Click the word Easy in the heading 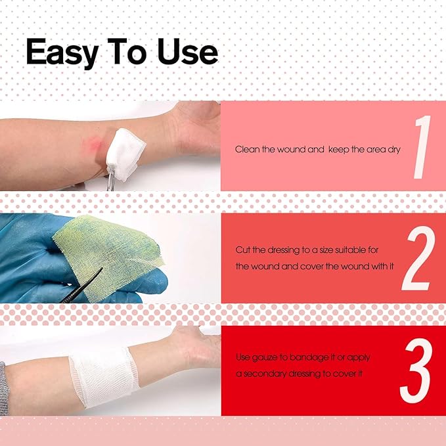[x=62, y=53]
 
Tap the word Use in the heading [x=188, y=51]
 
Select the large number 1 [x=422, y=147]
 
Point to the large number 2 [x=418, y=258]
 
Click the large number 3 [x=416, y=370]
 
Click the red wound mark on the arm [x=95, y=143]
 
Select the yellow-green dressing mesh [x=108, y=256]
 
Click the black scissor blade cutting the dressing [x=83, y=285]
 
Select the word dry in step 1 [x=394, y=150]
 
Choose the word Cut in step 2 [x=242, y=250]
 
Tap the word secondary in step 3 [x=265, y=374]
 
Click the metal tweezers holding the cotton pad [x=111, y=179]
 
